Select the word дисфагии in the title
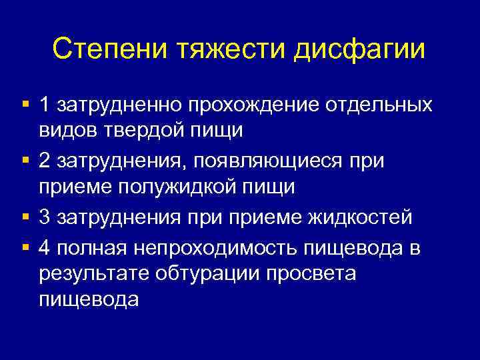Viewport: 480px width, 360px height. click(365, 49)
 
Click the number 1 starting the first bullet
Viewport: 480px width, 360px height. click(45, 105)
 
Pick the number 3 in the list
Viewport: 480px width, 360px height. click(45, 218)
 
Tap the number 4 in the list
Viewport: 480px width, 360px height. click(45, 247)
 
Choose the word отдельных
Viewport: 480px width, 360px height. click(379, 105)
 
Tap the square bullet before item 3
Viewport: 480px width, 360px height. click(25, 217)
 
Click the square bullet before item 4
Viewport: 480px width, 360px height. click(25, 245)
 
